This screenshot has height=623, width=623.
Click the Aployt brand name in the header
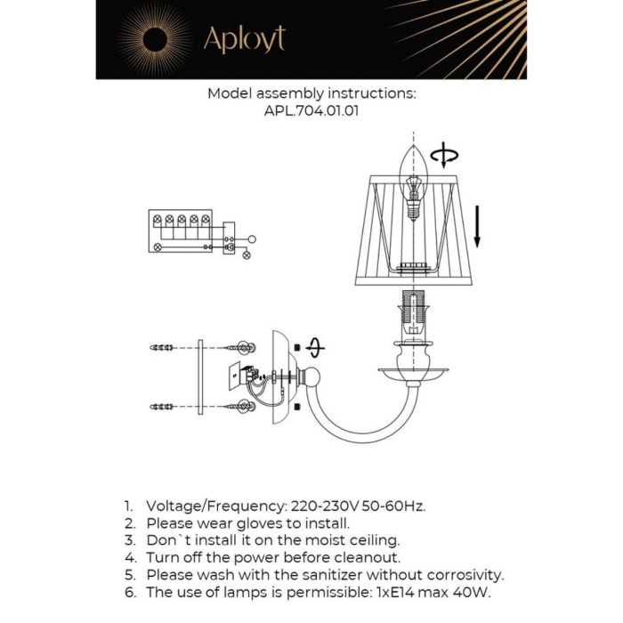click(244, 40)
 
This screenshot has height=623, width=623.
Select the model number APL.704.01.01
click(311, 112)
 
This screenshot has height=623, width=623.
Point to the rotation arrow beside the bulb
click(443, 156)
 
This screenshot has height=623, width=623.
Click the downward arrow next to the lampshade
click(478, 226)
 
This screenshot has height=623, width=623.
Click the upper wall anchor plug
click(161, 347)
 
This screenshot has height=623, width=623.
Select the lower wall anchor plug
click(161, 407)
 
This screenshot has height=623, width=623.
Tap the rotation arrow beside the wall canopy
click(314, 348)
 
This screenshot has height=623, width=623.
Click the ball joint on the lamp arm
click(311, 377)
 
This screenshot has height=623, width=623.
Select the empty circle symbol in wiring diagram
click(252, 239)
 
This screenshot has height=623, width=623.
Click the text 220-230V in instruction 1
click(319, 506)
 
